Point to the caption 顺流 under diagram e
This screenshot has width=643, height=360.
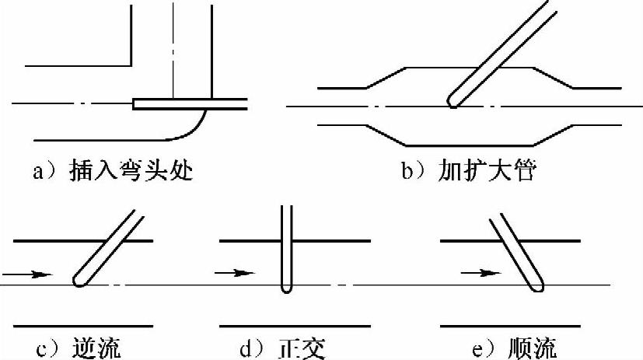tap(535, 347)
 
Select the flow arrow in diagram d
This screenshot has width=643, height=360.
tap(234, 274)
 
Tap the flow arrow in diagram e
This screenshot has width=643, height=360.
tap(481, 274)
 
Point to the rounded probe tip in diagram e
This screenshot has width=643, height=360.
tap(536, 288)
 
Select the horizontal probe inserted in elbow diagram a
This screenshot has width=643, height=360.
tap(190, 104)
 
